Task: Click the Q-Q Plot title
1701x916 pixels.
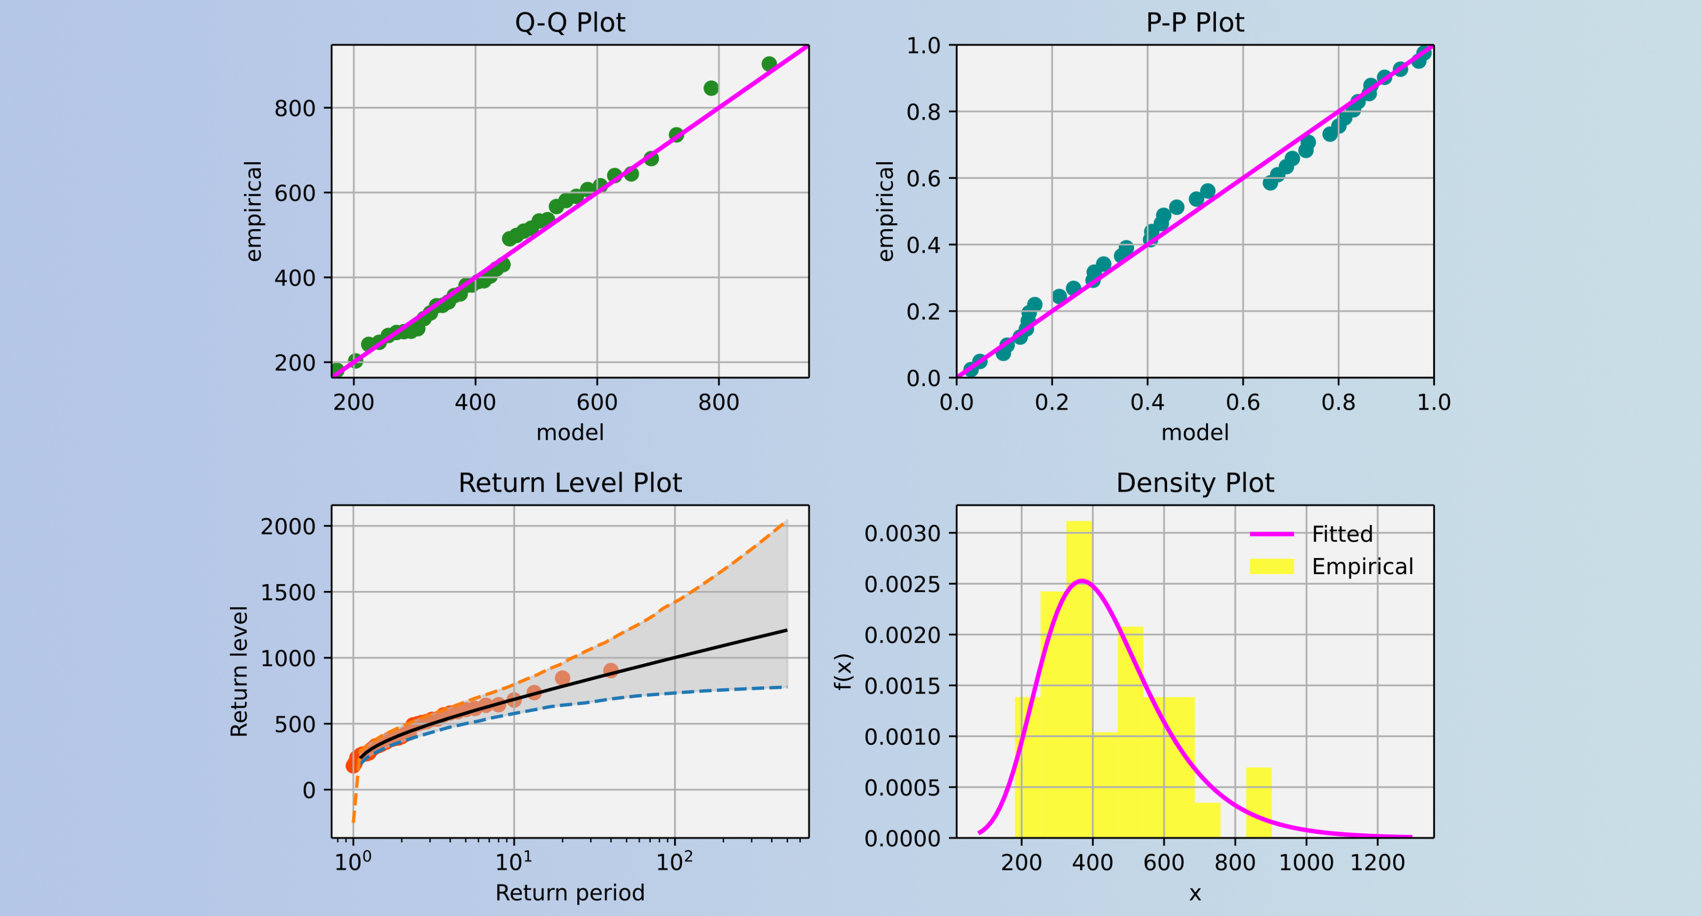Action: click(x=569, y=23)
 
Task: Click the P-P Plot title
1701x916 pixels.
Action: click(x=1194, y=23)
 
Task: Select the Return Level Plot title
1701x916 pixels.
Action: click(x=569, y=483)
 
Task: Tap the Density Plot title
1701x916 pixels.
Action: click(x=1194, y=483)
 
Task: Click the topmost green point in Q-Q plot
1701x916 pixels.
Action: click(x=769, y=64)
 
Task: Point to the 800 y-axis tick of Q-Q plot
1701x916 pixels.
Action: click(x=295, y=108)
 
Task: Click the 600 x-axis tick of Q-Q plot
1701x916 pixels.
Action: click(x=597, y=401)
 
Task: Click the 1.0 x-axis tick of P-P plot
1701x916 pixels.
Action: click(x=1434, y=401)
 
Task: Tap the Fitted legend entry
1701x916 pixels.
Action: click(x=1342, y=533)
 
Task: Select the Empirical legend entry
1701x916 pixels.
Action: click(x=1362, y=566)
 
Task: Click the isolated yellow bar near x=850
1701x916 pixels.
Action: click(x=1259, y=802)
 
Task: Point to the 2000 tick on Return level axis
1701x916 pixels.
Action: click(x=288, y=527)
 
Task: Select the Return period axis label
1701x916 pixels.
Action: click(x=569, y=892)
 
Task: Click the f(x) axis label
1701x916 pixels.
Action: click(x=844, y=672)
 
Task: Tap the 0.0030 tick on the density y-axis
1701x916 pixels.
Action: click(x=903, y=533)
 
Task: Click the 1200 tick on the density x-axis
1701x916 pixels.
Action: click(x=1378, y=862)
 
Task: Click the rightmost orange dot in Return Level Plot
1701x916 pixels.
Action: click(x=611, y=671)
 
